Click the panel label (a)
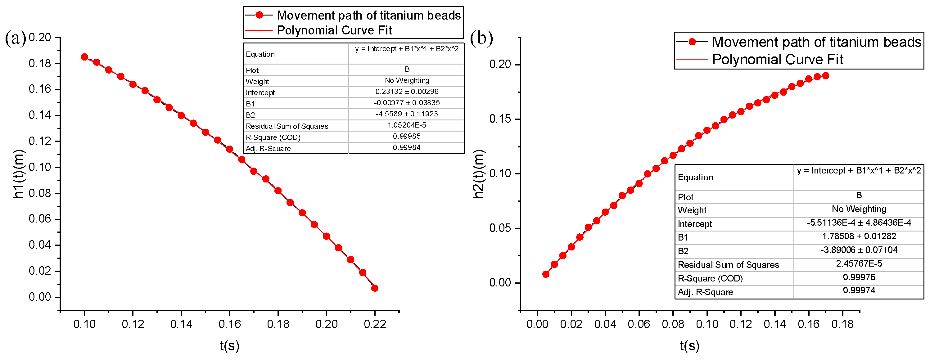click(16, 38)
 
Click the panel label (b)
click(481, 38)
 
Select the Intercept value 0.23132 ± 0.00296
click(407, 92)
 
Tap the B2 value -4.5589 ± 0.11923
click(407, 114)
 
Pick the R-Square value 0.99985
click(407, 137)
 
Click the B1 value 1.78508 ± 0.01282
click(859, 236)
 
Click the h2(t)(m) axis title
click(478, 174)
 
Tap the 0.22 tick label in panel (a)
click(375, 324)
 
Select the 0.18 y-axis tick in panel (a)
click(40, 64)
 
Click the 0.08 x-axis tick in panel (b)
click(673, 324)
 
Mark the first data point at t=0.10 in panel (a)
click(84, 57)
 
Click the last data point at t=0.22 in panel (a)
click(375, 288)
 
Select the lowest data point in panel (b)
click(546, 274)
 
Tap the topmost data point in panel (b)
click(825, 76)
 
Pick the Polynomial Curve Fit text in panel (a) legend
click(334, 30)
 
